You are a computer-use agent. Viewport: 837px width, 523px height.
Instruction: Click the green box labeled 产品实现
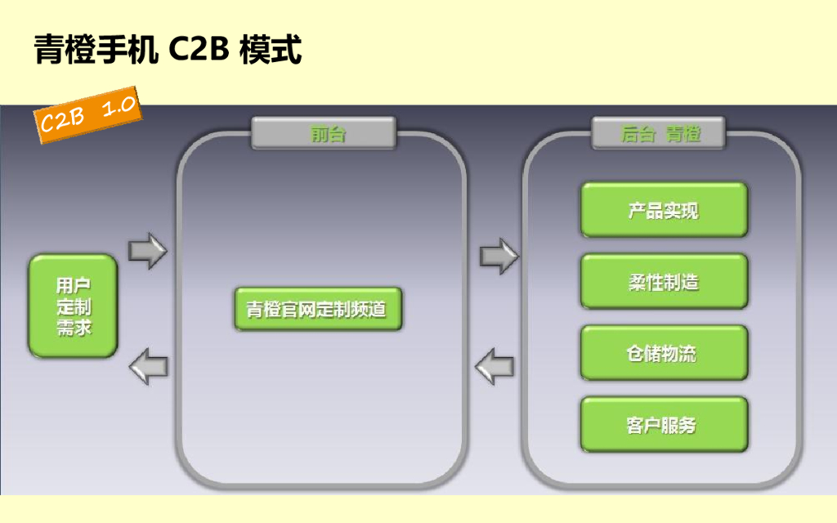point(664,210)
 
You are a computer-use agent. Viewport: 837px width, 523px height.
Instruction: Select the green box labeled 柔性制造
point(664,282)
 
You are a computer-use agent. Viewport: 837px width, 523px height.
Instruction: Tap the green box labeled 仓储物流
point(664,353)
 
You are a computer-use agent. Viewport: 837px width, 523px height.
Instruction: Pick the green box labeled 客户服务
point(664,425)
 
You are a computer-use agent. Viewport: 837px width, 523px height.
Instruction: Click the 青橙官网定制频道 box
point(318,309)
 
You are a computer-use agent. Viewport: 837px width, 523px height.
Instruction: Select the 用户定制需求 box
point(74,306)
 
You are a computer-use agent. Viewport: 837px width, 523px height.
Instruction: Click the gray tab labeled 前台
point(324,133)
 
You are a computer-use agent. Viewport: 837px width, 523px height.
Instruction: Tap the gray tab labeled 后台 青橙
point(659,133)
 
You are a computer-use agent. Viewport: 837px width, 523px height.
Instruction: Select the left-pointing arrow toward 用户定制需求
point(149,364)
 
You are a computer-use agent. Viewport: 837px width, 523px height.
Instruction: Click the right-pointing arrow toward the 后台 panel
point(498,256)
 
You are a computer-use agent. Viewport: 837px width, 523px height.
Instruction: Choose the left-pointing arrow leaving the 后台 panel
point(495,365)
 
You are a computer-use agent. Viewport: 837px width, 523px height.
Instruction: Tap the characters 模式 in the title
point(271,49)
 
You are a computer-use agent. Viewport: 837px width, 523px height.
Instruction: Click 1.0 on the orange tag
point(117,106)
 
